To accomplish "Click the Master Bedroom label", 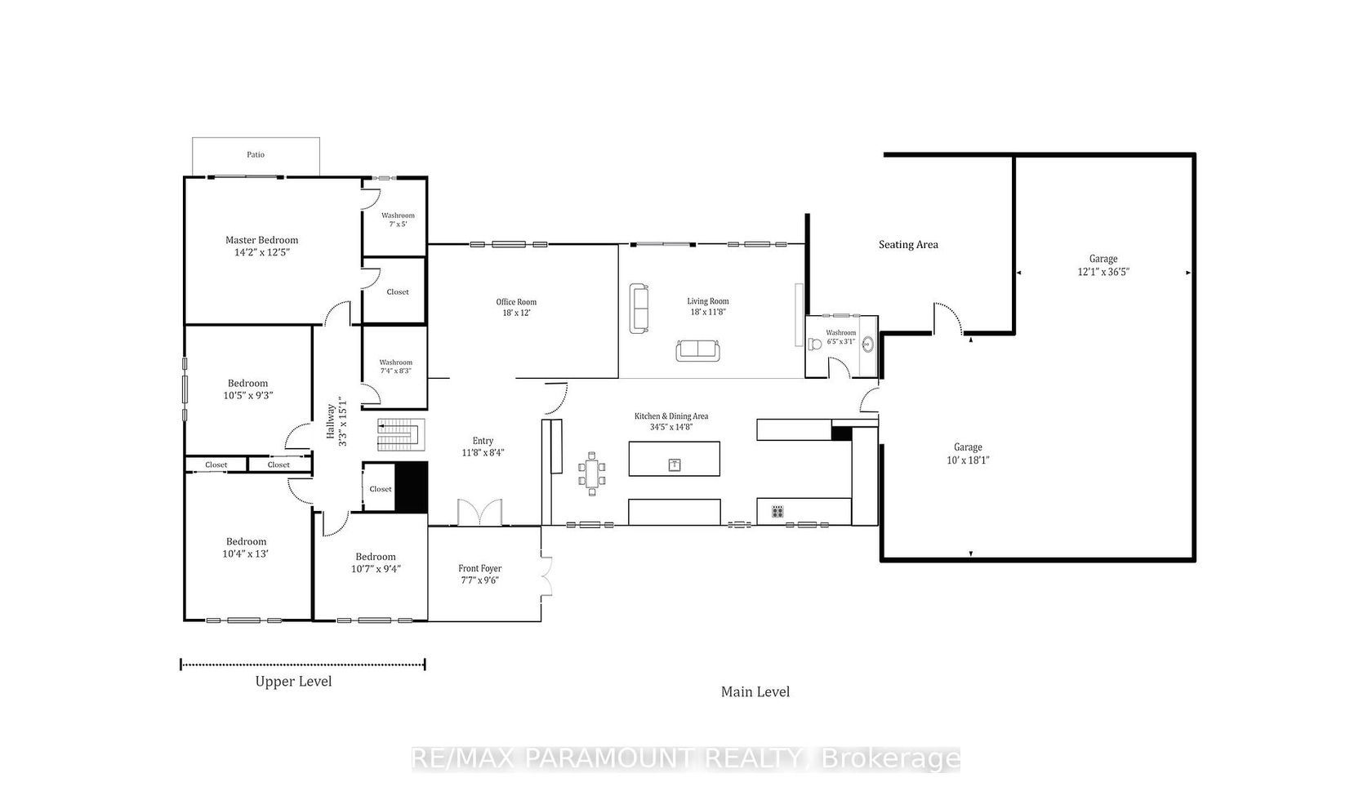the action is [261, 240].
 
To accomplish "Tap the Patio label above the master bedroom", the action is [256, 155].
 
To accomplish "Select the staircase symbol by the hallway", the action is [400, 434].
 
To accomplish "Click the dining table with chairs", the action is [591, 473].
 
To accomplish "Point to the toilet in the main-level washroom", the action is [815, 344].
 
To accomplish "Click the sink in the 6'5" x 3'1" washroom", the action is [868, 344].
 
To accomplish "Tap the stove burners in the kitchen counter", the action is [777, 511].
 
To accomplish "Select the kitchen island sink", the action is [675, 465].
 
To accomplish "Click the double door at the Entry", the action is [479, 513].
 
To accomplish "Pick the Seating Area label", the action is [908, 245].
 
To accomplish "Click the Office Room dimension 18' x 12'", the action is [516, 313].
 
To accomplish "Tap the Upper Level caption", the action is [293, 682].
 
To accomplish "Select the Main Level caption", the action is [755, 692].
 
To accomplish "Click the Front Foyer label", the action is [479, 569].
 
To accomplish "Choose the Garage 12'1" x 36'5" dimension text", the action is [1103, 272].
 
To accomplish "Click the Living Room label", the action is [708, 301].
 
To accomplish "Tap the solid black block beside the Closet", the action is [410, 487].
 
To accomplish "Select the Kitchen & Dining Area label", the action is [671, 416].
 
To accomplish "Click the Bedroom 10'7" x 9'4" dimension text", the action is [376, 569].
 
